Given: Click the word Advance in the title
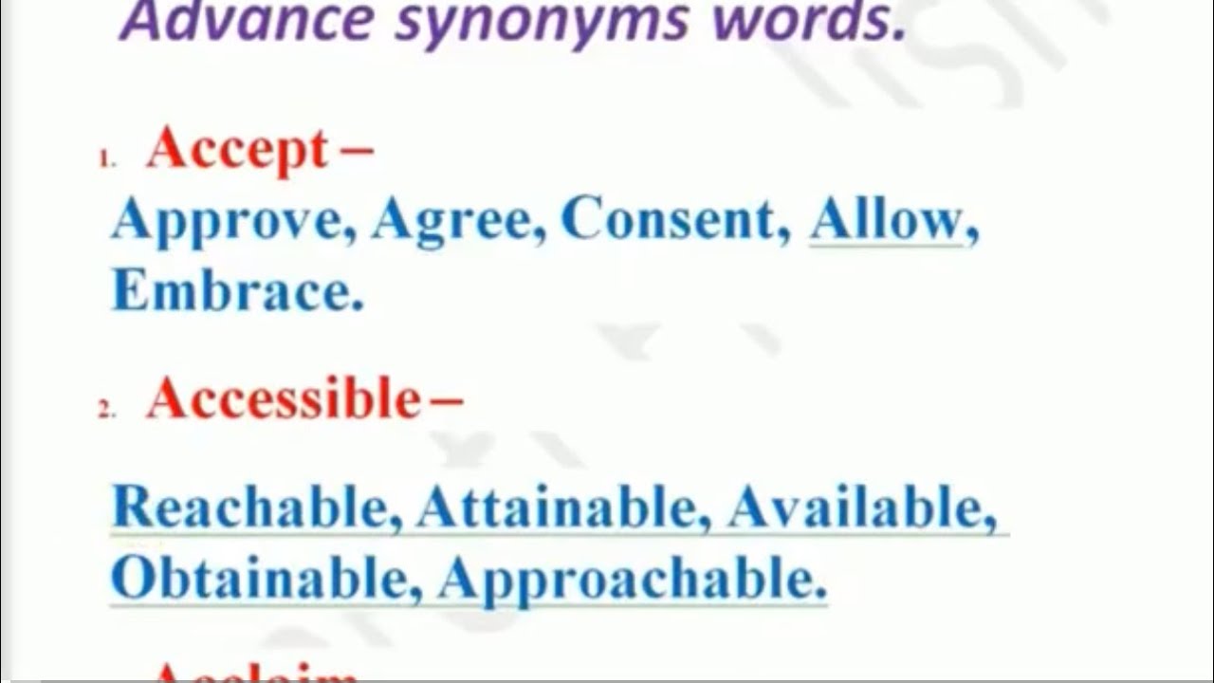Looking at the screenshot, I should coord(246,21).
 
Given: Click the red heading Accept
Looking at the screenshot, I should coord(236,150).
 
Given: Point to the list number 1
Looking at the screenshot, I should coord(105,161).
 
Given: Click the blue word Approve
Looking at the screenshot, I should coord(227,222).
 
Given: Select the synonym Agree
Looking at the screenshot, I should coord(452,221).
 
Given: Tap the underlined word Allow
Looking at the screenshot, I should coord(886,220).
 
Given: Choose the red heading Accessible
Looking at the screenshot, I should coord(283,399).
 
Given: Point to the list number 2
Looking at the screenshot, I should coord(106,411).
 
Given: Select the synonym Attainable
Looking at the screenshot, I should coord(556,508).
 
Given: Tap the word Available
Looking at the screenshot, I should coord(854,508).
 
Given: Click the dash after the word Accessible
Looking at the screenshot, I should coord(447,400).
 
